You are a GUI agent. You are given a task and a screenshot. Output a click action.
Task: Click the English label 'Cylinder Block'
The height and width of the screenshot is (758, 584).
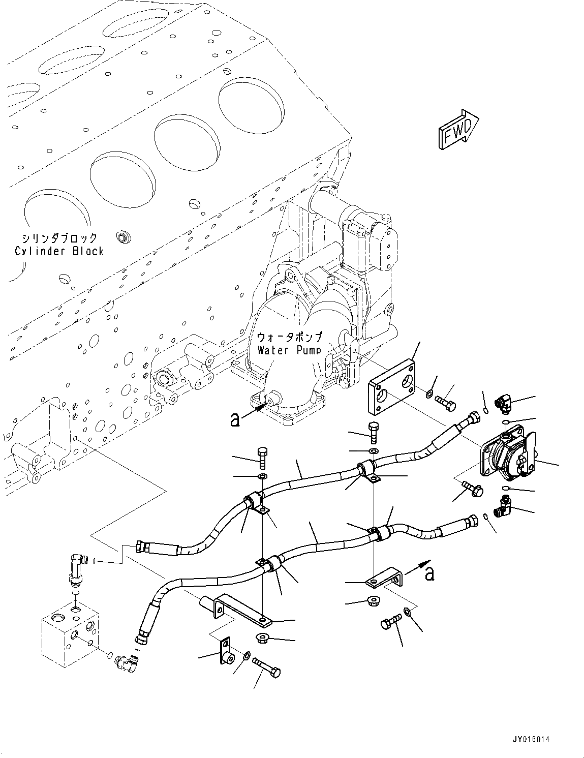click(59, 251)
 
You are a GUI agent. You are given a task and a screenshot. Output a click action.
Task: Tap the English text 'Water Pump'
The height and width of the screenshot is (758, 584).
click(289, 350)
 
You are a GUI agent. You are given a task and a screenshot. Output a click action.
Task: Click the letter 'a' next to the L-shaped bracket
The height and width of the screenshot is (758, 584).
click(429, 574)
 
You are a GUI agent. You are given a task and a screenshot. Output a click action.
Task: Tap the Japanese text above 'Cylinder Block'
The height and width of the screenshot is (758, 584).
click(59, 238)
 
